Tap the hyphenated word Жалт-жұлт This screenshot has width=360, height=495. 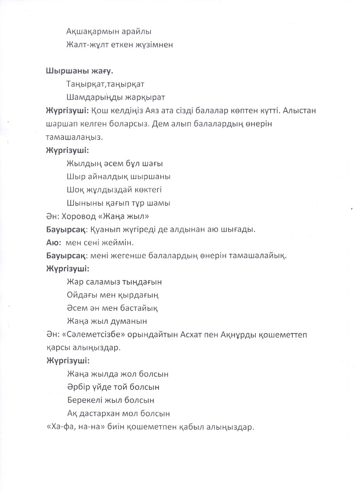(87, 45)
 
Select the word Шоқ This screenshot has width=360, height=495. (74, 189)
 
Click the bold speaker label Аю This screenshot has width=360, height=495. (52, 242)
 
